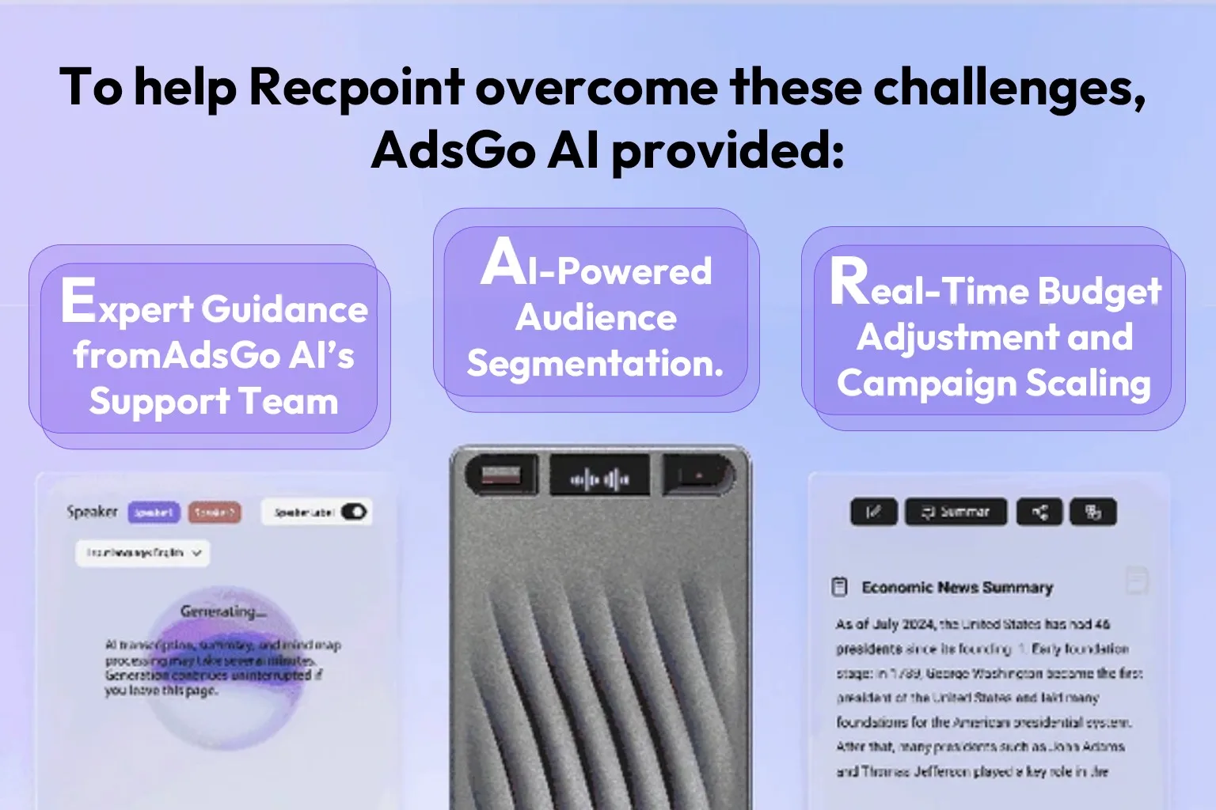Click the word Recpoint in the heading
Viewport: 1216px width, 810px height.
(356, 87)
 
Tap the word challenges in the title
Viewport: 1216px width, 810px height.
(1009, 87)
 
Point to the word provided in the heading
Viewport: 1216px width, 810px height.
(728, 150)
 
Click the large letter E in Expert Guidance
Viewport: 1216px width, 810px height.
(78, 301)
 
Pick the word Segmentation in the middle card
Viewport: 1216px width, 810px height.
(595, 364)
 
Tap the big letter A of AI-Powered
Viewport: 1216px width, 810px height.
(503, 262)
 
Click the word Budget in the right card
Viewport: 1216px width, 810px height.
(1100, 291)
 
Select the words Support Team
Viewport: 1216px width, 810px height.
(214, 402)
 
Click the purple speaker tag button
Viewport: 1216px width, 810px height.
(154, 513)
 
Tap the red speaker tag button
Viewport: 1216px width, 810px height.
(215, 513)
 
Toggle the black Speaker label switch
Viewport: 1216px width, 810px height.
(354, 512)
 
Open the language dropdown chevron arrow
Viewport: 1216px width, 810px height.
(196, 553)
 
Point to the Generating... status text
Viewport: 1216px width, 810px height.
(222, 611)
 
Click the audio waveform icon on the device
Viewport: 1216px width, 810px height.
(600, 479)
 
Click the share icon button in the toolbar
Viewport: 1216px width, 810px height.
(1039, 513)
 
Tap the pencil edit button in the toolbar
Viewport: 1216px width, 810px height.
(873, 513)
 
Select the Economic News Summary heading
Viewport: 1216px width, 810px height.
(956, 588)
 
